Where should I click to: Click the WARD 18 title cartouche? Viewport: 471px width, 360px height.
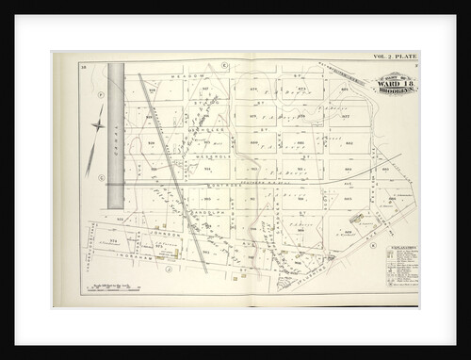(x=392, y=83)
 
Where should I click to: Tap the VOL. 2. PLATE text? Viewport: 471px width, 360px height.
(x=396, y=57)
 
